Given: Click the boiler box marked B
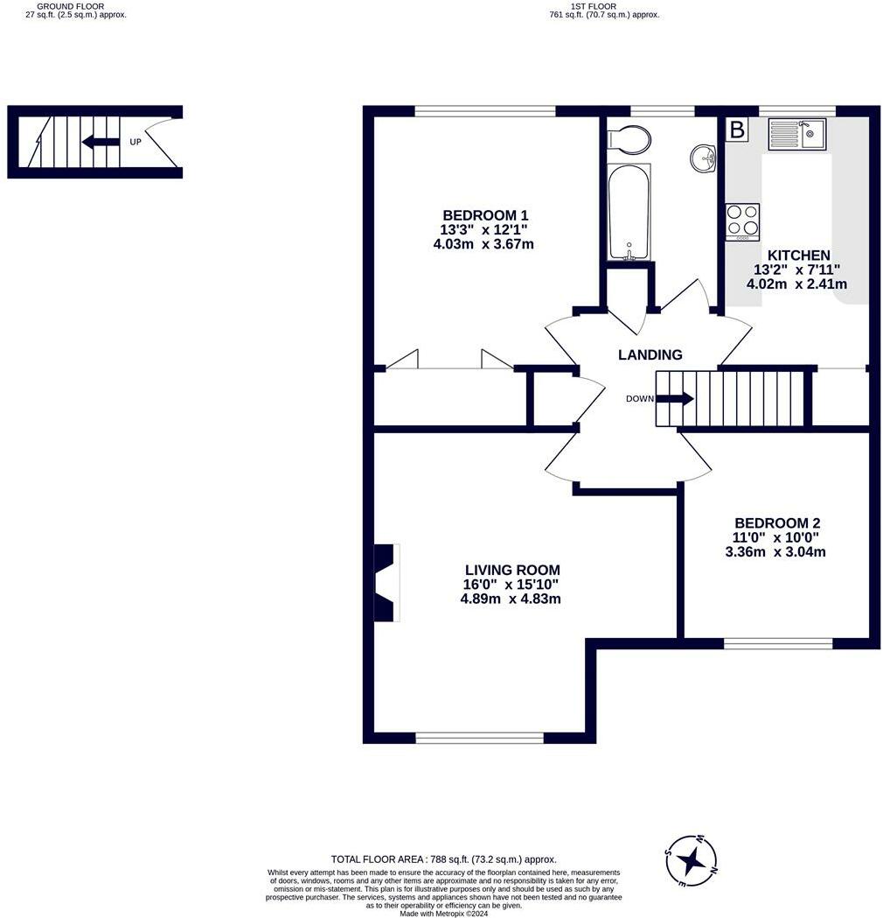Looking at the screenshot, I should point(737,130).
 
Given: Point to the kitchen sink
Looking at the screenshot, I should point(797,134).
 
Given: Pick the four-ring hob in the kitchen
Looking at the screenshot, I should point(743,221).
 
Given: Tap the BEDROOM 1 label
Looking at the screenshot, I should point(485,215).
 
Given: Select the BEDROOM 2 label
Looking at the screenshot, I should point(777,522).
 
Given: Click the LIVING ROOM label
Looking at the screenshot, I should point(512,570).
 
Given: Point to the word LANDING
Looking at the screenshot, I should point(650,354).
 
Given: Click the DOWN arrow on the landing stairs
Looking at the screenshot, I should point(674,399).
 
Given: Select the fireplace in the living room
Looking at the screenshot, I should point(386,583).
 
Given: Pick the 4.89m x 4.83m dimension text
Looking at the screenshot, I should point(511,599).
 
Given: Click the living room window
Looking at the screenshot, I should point(479,738).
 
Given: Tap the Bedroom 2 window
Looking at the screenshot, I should point(778,643).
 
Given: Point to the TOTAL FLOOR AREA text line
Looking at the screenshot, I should point(443,859).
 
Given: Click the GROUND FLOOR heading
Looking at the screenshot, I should point(77,6).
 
